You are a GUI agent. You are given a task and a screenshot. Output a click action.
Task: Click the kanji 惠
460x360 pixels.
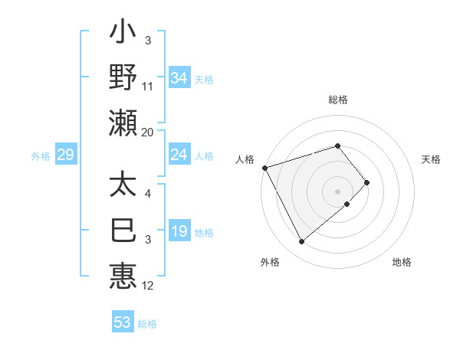pos(123,274)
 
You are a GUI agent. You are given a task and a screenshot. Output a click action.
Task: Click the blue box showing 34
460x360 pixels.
pos(179,77)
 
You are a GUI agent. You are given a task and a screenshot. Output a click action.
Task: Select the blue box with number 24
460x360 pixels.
pos(179,155)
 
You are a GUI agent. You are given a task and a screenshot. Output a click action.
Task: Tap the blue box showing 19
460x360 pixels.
pos(179,232)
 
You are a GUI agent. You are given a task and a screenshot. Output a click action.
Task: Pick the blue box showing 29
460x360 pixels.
pos(65,155)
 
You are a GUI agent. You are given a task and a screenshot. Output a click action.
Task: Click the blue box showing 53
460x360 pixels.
pos(123,322)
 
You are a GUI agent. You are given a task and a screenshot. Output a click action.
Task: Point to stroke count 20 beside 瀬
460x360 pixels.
pos(148,133)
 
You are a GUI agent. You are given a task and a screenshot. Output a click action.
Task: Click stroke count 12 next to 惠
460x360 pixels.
pos(148,286)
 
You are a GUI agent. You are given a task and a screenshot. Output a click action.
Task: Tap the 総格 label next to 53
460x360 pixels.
pos(147,324)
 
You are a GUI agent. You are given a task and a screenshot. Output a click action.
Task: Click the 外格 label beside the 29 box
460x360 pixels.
pos(41,156)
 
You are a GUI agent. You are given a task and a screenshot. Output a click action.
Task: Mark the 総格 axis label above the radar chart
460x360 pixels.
pos(338,100)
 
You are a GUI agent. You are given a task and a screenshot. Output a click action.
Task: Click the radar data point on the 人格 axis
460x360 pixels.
pos(264,168)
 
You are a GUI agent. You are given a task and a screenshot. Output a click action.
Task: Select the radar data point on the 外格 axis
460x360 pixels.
pos(302,241)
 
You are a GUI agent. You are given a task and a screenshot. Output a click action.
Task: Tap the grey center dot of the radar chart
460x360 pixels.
pos(338,191)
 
